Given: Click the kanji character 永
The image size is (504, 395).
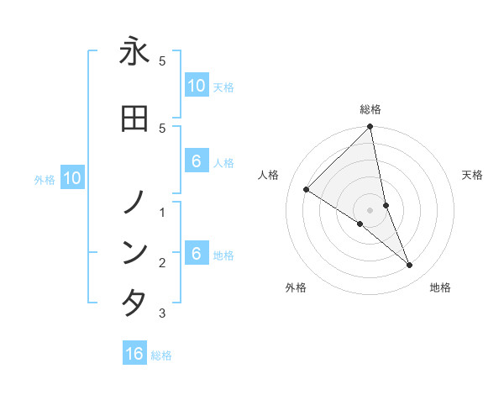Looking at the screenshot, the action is (134, 51).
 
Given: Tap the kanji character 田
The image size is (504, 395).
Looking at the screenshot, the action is (134, 118).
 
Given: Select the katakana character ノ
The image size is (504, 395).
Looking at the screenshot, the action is (134, 202).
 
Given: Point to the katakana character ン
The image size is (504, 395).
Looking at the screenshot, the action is (134, 252).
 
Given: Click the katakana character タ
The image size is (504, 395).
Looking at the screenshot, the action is (134, 303).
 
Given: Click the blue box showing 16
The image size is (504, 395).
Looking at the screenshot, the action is (134, 354).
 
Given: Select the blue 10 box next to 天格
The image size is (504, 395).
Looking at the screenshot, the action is (196, 85).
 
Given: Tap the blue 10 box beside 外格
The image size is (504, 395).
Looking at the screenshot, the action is (71, 178).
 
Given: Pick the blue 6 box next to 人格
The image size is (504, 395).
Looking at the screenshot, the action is (196, 161).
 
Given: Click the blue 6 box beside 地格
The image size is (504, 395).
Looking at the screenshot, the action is (196, 254).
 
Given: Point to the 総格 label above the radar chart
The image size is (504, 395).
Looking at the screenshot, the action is (370, 109).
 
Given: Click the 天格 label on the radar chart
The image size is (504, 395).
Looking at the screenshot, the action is (473, 175).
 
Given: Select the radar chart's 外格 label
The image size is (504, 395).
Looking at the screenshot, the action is (296, 287).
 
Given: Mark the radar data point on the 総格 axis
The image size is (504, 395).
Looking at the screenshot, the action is (370, 127).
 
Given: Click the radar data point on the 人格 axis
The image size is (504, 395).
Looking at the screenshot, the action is (307, 190).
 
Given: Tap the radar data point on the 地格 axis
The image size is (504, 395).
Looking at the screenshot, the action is (410, 265).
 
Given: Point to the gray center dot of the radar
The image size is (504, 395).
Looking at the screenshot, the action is (370, 209).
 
